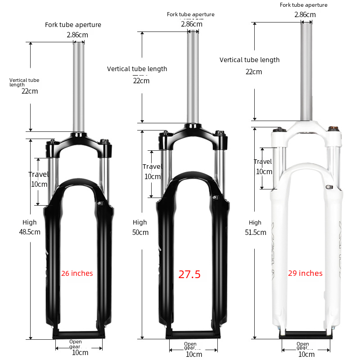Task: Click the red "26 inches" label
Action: click(x=77, y=273)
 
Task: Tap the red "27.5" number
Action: click(x=189, y=274)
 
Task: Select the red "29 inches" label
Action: click(x=305, y=273)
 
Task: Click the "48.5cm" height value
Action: click(x=30, y=232)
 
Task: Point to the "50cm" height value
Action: click(x=140, y=232)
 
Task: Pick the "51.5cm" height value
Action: click(x=256, y=232)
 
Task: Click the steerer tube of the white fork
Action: click(x=306, y=71)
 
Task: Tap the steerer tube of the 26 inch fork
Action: click(x=79, y=87)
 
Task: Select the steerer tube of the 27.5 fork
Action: click(x=193, y=77)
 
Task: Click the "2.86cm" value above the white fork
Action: click(x=305, y=15)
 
